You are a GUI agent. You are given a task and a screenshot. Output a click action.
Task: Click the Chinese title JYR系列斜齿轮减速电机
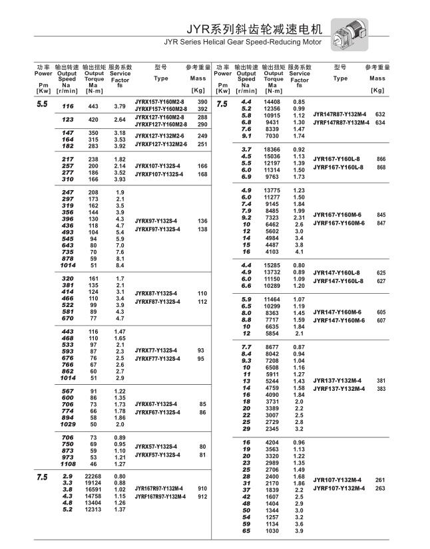click(252, 29)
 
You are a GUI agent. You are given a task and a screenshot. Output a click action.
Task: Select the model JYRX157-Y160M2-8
click(160, 102)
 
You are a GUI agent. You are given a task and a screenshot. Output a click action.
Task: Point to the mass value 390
click(202, 102)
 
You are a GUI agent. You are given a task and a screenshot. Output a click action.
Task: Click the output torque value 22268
click(93, 477)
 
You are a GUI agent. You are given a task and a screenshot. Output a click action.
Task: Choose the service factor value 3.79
click(120, 106)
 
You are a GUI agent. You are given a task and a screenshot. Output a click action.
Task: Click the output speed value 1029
click(68, 424)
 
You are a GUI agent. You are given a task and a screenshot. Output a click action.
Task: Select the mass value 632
click(381, 114)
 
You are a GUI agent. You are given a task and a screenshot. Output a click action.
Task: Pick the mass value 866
click(381, 160)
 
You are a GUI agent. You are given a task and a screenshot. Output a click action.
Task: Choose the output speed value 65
click(246, 530)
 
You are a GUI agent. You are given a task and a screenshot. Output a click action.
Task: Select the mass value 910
click(202, 488)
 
